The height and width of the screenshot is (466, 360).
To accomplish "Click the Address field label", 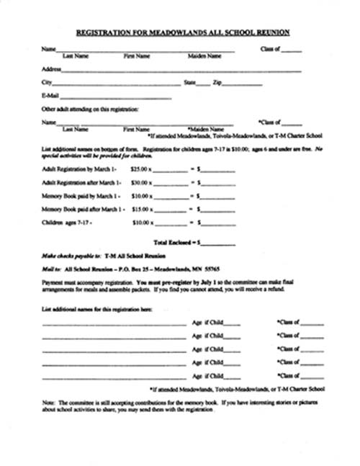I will (x=51, y=70).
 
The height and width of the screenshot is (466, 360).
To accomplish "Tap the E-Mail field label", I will (x=50, y=95).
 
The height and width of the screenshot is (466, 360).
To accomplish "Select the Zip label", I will (x=217, y=83).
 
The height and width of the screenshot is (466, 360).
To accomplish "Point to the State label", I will (x=190, y=83).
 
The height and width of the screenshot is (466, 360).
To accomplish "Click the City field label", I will (x=47, y=83).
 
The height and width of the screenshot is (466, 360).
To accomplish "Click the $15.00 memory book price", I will (x=140, y=210).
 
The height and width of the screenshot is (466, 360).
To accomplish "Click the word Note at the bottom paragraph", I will (x=48, y=402).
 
